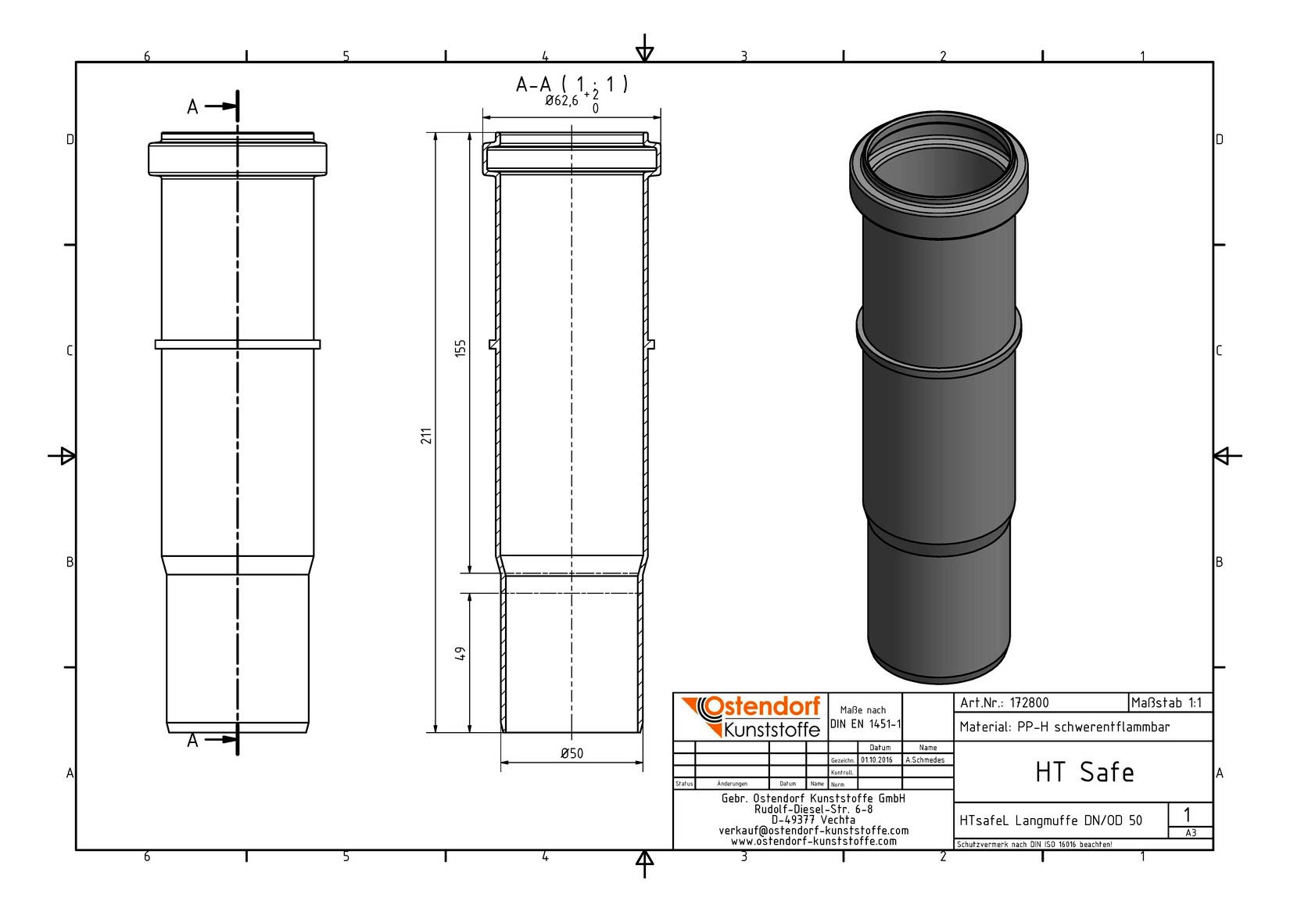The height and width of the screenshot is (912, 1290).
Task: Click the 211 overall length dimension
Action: coord(426,436)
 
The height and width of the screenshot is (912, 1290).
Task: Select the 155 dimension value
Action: coord(460,349)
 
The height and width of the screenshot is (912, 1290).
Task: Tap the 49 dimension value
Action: coord(460,653)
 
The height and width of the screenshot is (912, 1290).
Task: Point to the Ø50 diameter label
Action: coord(572,753)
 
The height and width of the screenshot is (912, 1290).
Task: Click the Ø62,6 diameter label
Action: coord(561,101)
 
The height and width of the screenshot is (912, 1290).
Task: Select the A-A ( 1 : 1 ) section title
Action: coord(572,84)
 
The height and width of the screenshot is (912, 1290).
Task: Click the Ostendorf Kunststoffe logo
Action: coord(751,716)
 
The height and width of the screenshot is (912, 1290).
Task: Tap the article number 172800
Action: coord(1029,703)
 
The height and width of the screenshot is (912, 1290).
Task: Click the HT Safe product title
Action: coord(1084,772)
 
